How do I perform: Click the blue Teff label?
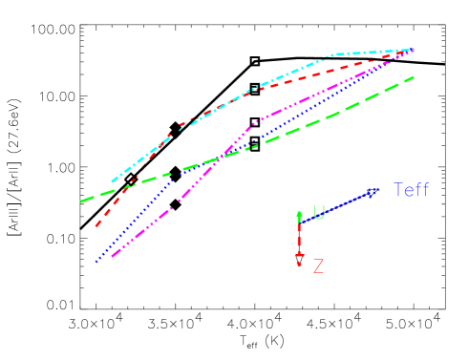[x=411, y=191]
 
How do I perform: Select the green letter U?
[x=319, y=212]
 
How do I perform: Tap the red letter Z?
[x=318, y=266]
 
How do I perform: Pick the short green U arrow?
[x=299, y=215]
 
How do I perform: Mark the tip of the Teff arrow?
[x=378, y=189]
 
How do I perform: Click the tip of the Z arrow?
[x=299, y=265]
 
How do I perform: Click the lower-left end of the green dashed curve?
[x=81, y=201]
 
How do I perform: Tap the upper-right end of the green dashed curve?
[x=414, y=76]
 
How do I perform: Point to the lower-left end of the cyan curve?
[x=112, y=181]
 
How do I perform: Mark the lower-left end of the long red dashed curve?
[x=96, y=226]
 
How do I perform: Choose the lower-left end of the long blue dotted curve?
[x=96, y=261]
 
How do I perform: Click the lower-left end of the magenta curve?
[x=112, y=258]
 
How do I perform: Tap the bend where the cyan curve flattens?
[x=331, y=55]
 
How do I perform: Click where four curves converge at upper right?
[x=413, y=49]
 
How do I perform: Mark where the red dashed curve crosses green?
[x=130, y=184]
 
